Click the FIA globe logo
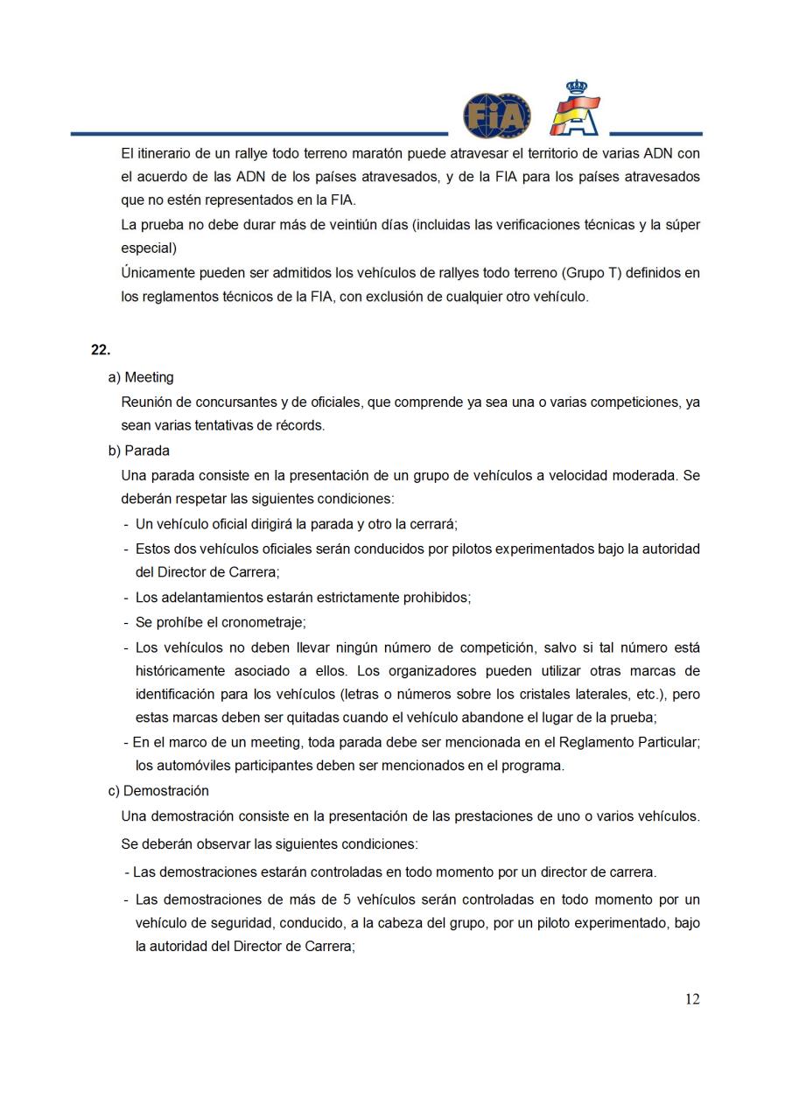[497, 115]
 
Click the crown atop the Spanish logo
[576, 88]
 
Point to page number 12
[692, 999]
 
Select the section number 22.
[100, 349]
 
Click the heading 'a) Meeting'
[141, 377]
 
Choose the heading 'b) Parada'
[139, 451]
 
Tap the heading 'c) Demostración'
[158, 790]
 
